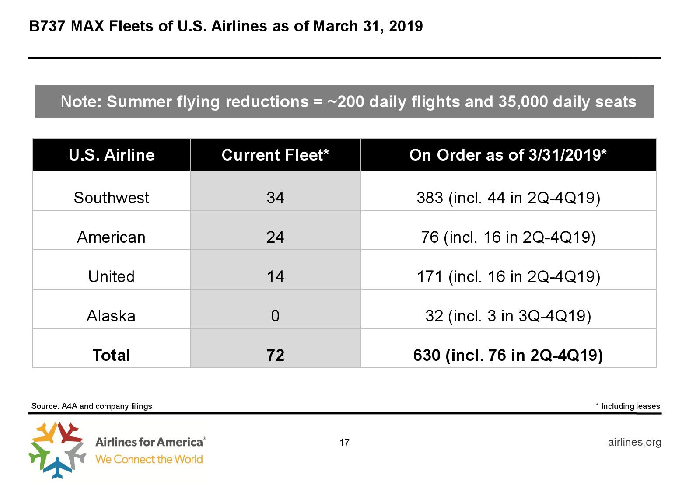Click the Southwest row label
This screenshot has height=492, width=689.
point(111,198)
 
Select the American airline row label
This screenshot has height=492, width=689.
point(111,237)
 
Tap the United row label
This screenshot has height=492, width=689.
point(111,276)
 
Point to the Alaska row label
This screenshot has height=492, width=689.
point(111,316)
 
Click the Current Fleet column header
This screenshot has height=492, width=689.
point(275,155)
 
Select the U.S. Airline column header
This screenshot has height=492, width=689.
point(112,155)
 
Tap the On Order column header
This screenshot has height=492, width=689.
point(508,155)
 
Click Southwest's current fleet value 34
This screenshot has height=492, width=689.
point(275,198)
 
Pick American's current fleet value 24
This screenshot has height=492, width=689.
point(275,237)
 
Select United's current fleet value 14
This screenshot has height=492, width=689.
point(275,276)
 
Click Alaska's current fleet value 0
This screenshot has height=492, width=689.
point(275,316)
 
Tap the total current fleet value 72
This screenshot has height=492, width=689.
point(275,355)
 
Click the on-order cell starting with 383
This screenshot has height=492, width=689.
point(508,198)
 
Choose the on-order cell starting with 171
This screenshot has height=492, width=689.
point(508,276)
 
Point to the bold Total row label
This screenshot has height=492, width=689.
point(111,355)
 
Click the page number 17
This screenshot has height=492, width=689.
point(344,443)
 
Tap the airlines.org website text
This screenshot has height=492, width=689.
point(634,442)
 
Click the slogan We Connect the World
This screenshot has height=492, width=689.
point(149,459)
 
